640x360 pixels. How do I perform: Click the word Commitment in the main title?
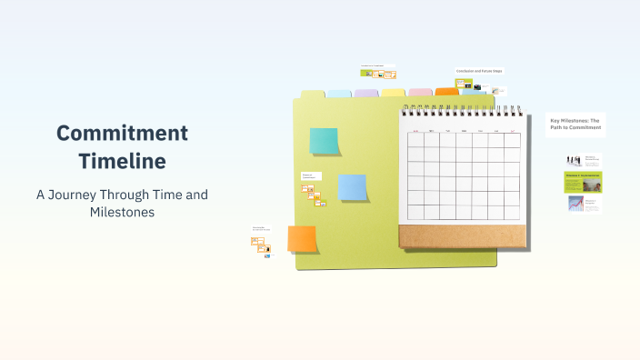pyautogui.click(x=122, y=133)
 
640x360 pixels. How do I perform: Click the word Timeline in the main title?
pyautogui.click(x=122, y=162)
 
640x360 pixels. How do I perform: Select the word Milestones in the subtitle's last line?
pyautogui.click(x=122, y=213)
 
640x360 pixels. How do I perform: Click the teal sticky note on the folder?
pyautogui.click(x=324, y=141)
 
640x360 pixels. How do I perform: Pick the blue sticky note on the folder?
pyautogui.click(x=352, y=187)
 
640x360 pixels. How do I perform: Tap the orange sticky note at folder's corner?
pyautogui.click(x=302, y=239)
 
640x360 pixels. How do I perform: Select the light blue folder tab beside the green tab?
pyautogui.click(x=339, y=93)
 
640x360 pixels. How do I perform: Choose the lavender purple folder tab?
pyautogui.click(x=366, y=93)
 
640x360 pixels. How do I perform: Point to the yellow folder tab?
pyautogui.click(x=394, y=92)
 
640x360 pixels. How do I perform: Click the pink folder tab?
pyautogui.click(x=420, y=92)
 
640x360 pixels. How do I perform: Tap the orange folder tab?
pyautogui.click(x=447, y=91)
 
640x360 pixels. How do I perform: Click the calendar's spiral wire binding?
pyautogui.click(x=464, y=106)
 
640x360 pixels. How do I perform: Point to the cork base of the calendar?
pyautogui.click(x=463, y=235)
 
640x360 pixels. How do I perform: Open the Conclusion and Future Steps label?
pyautogui.click(x=479, y=71)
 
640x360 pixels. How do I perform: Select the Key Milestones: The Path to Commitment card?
pyautogui.click(x=575, y=125)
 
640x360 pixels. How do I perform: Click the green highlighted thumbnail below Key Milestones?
pyautogui.click(x=583, y=181)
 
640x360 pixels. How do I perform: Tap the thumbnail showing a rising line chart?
pyautogui.click(x=575, y=204)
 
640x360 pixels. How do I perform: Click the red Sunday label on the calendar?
pyautogui.click(x=417, y=131)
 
